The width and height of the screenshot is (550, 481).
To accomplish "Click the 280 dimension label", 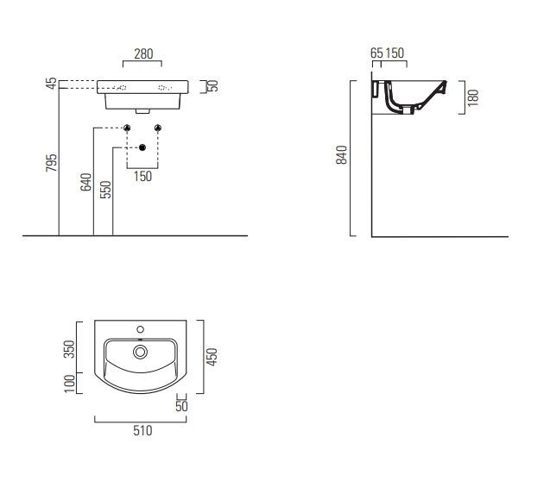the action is point(143,54).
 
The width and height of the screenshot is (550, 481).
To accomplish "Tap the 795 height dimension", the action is point(51,162).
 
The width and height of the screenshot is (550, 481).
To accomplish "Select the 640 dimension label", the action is point(86,182).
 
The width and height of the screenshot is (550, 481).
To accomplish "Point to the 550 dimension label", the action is point(105,190).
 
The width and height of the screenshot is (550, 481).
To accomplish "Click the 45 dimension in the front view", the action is point(52,84).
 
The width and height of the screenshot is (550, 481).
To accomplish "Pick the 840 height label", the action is point(341,155).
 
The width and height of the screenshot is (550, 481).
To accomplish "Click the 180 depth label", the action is point(473,97).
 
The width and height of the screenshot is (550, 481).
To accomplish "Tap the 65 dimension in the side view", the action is point(376,53).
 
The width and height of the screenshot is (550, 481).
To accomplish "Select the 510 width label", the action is point(142,430).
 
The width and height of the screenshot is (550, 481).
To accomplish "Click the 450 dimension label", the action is point(212,357).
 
